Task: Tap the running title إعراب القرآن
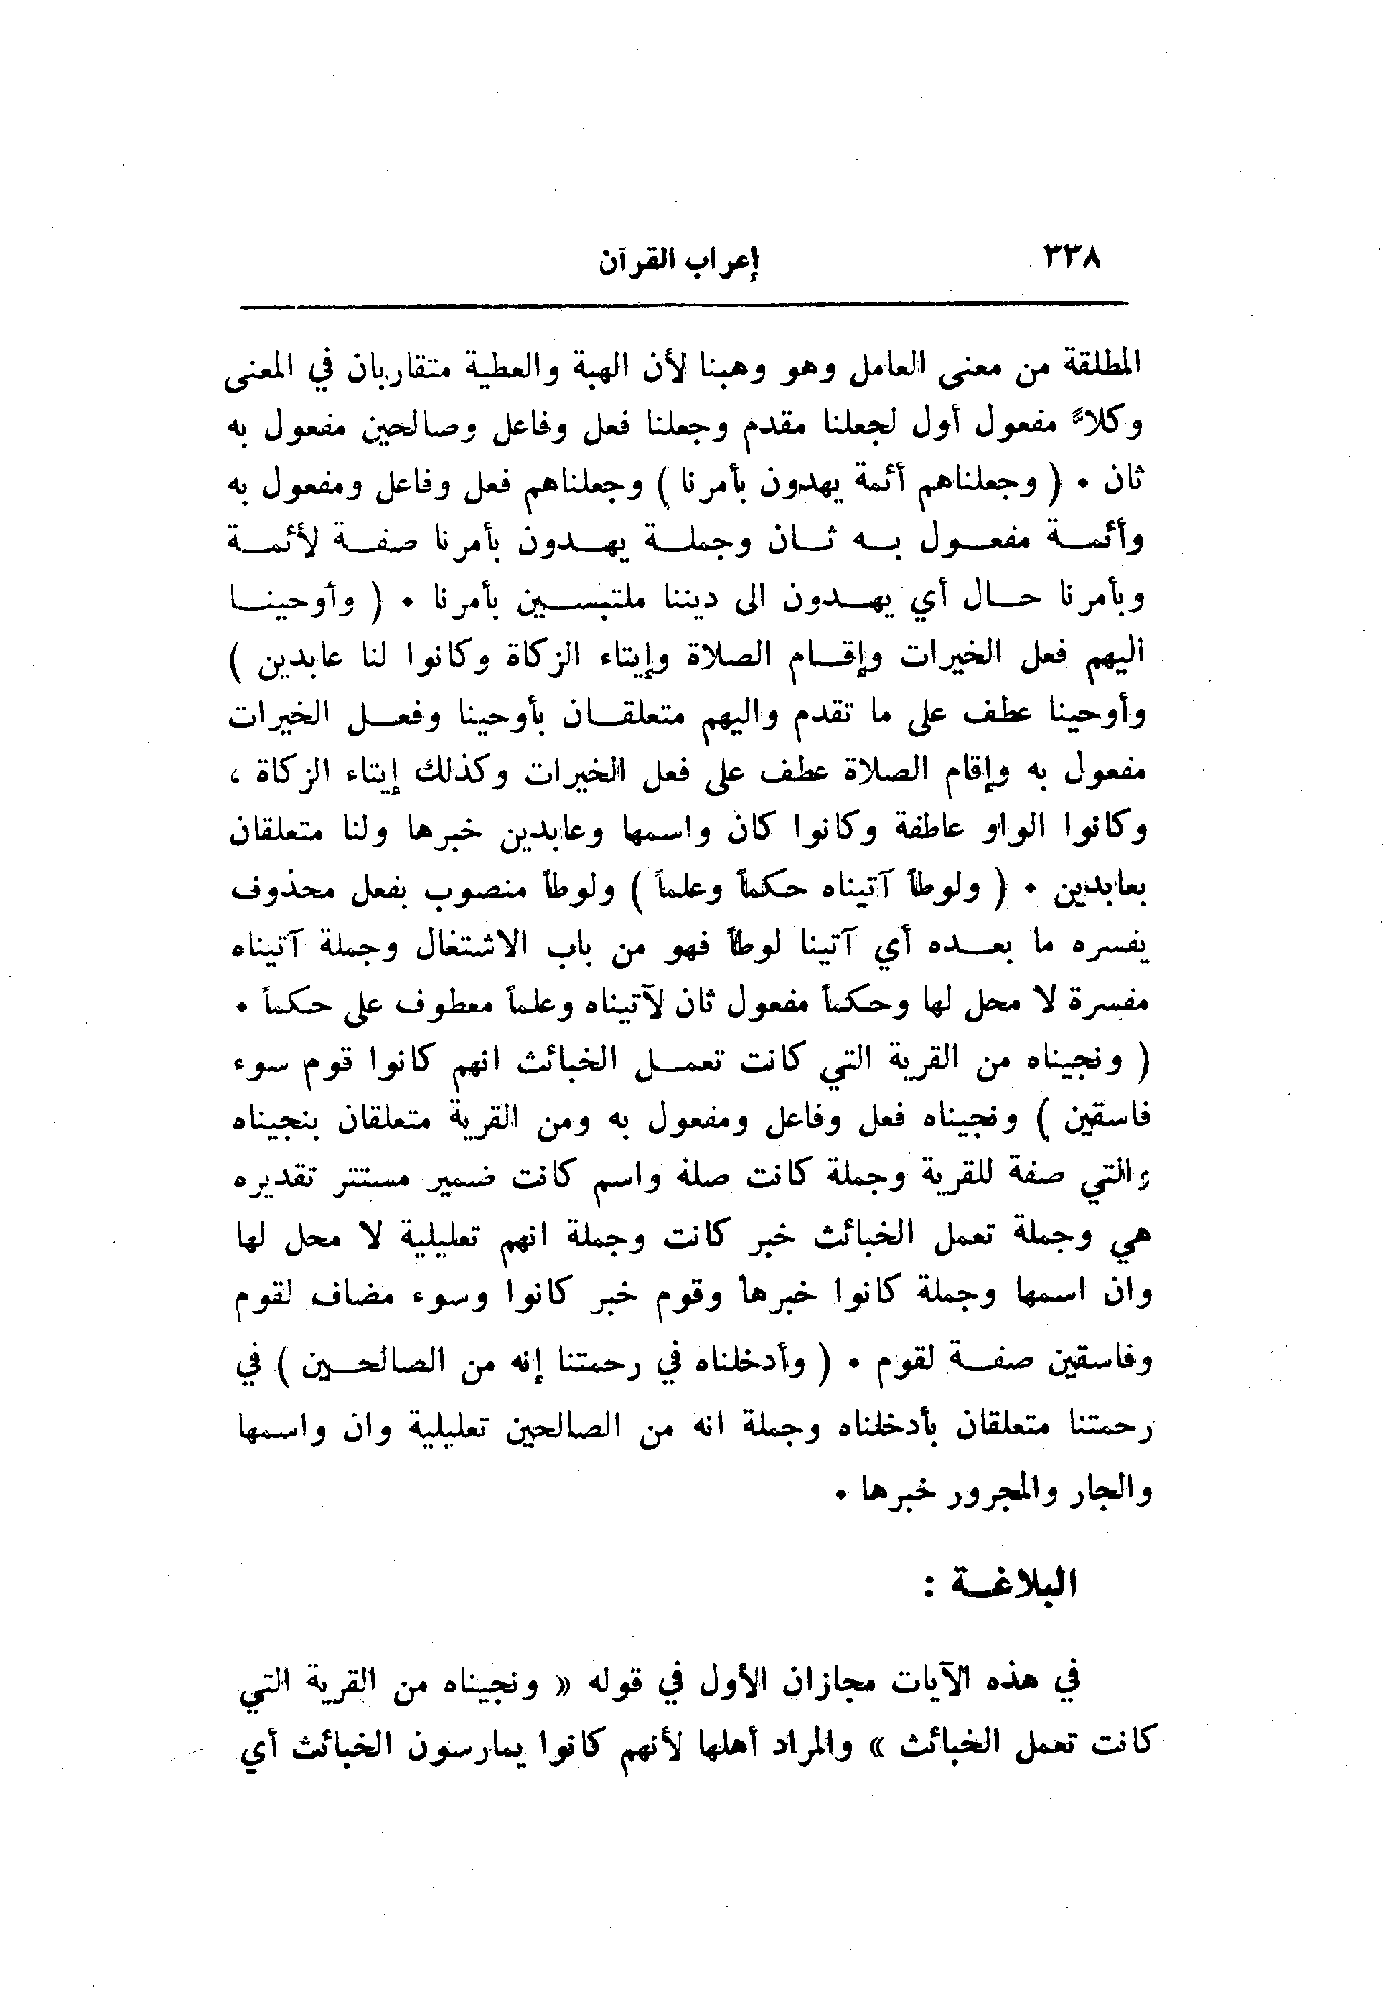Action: point(678,262)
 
